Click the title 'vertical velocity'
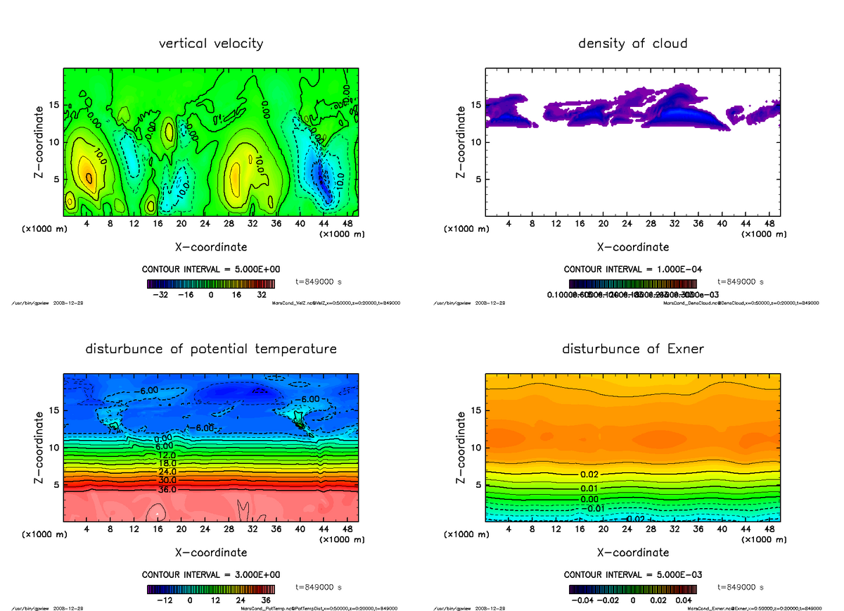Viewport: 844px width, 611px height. (211, 44)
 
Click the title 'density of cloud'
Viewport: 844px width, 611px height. (632, 44)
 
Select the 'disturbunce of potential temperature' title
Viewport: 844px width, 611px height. (211, 349)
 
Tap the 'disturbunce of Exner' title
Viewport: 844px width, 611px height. (632, 349)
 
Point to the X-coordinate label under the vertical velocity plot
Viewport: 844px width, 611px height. (211, 247)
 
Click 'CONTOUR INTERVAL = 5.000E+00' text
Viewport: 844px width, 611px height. (211, 270)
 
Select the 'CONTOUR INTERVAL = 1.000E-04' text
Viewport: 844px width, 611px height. (632, 270)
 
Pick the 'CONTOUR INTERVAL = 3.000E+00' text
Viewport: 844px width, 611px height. (211, 575)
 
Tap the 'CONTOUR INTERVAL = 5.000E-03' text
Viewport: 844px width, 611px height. (632, 575)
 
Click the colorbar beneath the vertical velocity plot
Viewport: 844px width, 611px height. (211, 284)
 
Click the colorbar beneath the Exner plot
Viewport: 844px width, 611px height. (632, 589)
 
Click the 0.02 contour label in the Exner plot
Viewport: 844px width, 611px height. (589, 475)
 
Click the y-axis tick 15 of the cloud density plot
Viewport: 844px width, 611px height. (476, 105)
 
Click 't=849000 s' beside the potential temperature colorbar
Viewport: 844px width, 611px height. (319, 587)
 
